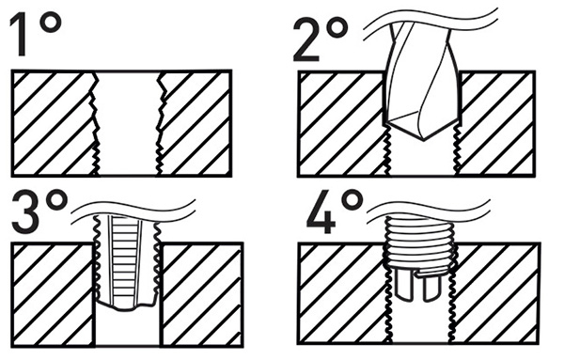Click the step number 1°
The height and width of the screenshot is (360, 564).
tap(36, 35)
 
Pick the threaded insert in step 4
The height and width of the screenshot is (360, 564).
tap(420, 245)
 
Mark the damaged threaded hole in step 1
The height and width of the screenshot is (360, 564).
tap(128, 122)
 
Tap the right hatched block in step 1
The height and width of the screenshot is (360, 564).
tap(197, 122)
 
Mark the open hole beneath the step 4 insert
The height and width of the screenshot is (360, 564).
tap(420, 324)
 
